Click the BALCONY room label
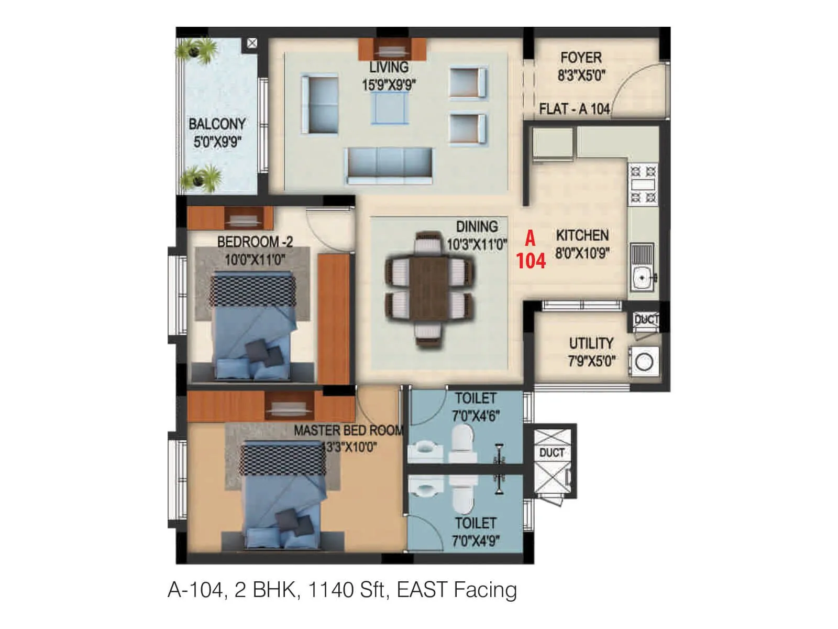coord(217,124)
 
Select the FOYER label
coord(581,58)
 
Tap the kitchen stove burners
coord(643,184)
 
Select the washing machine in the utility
coord(644,362)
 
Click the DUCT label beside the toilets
coord(552,452)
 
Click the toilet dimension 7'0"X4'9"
coord(476,540)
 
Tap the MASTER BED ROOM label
coord(348,431)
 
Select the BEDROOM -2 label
coord(255,242)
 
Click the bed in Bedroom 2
coord(251,325)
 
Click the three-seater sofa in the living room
coord(389,165)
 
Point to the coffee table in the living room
coord(389,107)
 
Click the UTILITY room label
coord(591,343)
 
